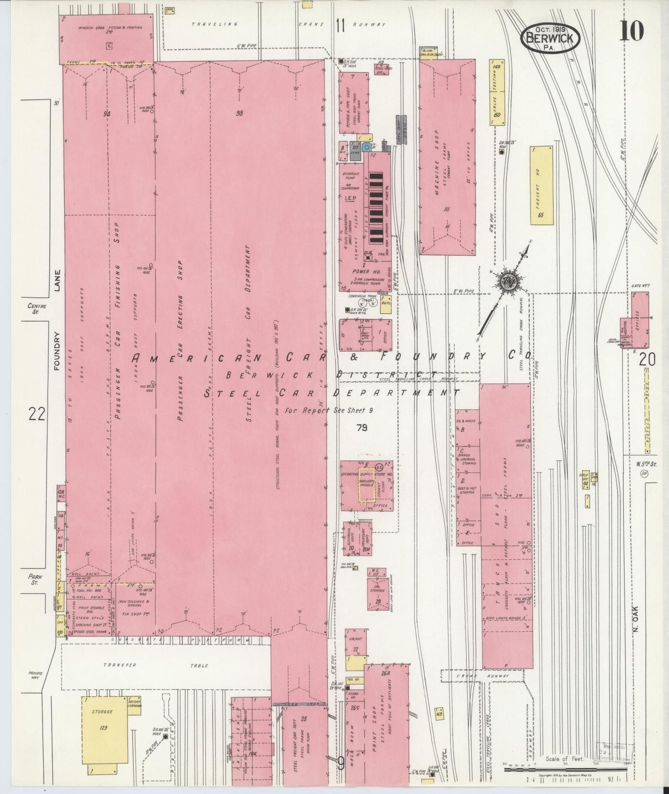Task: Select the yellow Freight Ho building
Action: (542, 185)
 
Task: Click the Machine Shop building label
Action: (437, 170)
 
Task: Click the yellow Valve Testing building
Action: (497, 92)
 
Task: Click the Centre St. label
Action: (37, 309)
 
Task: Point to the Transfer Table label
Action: (166, 666)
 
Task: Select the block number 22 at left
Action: (37, 413)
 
